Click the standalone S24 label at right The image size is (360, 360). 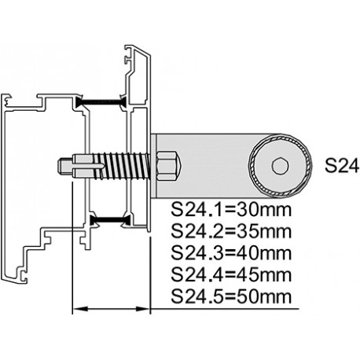[342, 166]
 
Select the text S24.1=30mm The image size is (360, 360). [231, 210]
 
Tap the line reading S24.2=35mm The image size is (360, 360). [231, 231]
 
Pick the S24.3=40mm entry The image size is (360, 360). [231, 253]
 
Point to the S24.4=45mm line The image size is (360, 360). [231, 275]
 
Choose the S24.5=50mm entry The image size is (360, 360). [231, 296]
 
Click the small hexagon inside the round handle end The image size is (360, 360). [281, 166]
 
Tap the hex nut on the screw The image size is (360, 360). [168, 166]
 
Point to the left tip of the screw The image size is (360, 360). [58, 166]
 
